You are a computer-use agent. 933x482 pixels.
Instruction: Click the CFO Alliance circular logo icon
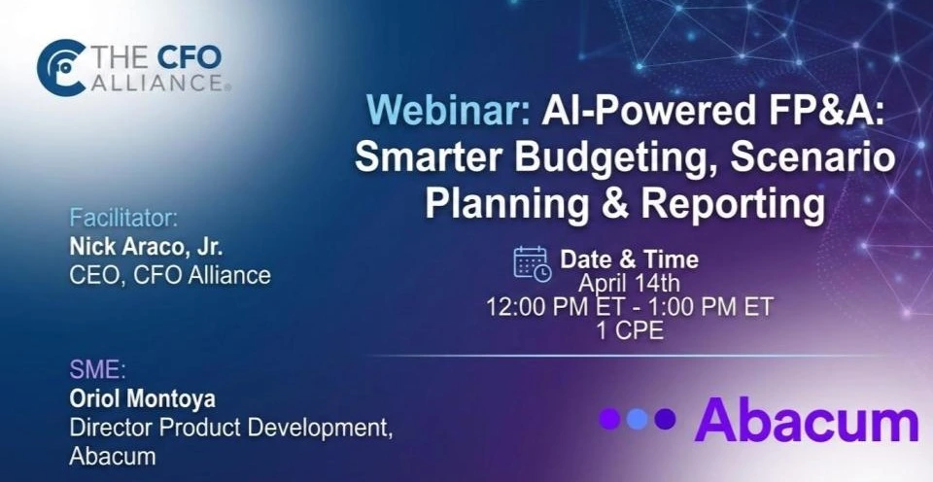(x=60, y=68)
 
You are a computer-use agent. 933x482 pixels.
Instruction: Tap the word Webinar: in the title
(x=449, y=110)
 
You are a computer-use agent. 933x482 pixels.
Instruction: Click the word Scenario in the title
(x=812, y=156)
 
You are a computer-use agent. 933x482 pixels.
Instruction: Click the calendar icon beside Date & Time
(x=532, y=263)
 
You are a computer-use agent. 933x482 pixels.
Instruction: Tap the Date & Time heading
(x=629, y=259)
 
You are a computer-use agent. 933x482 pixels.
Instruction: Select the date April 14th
(x=629, y=283)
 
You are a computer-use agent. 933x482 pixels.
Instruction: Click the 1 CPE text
(x=630, y=330)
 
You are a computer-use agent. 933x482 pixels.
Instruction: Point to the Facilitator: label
(x=123, y=218)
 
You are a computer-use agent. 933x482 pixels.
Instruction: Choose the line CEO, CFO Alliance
(x=170, y=275)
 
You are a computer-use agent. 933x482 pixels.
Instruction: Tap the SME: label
(x=97, y=369)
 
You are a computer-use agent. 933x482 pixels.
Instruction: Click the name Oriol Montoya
(x=142, y=398)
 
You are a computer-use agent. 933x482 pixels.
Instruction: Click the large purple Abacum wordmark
(x=807, y=420)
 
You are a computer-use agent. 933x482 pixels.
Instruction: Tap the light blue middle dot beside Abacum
(x=637, y=419)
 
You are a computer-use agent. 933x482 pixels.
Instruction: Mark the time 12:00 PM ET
(x=555, y=307)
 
